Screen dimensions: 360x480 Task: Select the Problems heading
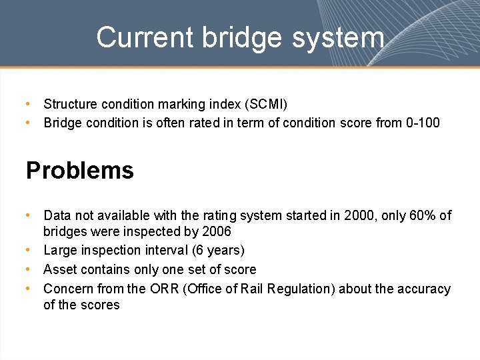click(x=80, y=171)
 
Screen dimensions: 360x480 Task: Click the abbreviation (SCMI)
click(x=266, y=104)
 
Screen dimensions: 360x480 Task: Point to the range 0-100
click(x=423, y=123)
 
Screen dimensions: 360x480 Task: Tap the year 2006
click(x=217, y=232)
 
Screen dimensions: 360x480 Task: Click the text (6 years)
click(x=218, y=251)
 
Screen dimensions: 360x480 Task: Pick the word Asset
click(x=59, y=269)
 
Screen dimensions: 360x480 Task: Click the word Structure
click(x=70, y=104)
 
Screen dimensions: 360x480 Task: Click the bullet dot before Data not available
click(x=28, y=215)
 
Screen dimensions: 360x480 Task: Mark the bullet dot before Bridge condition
click(x=28, y=123)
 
